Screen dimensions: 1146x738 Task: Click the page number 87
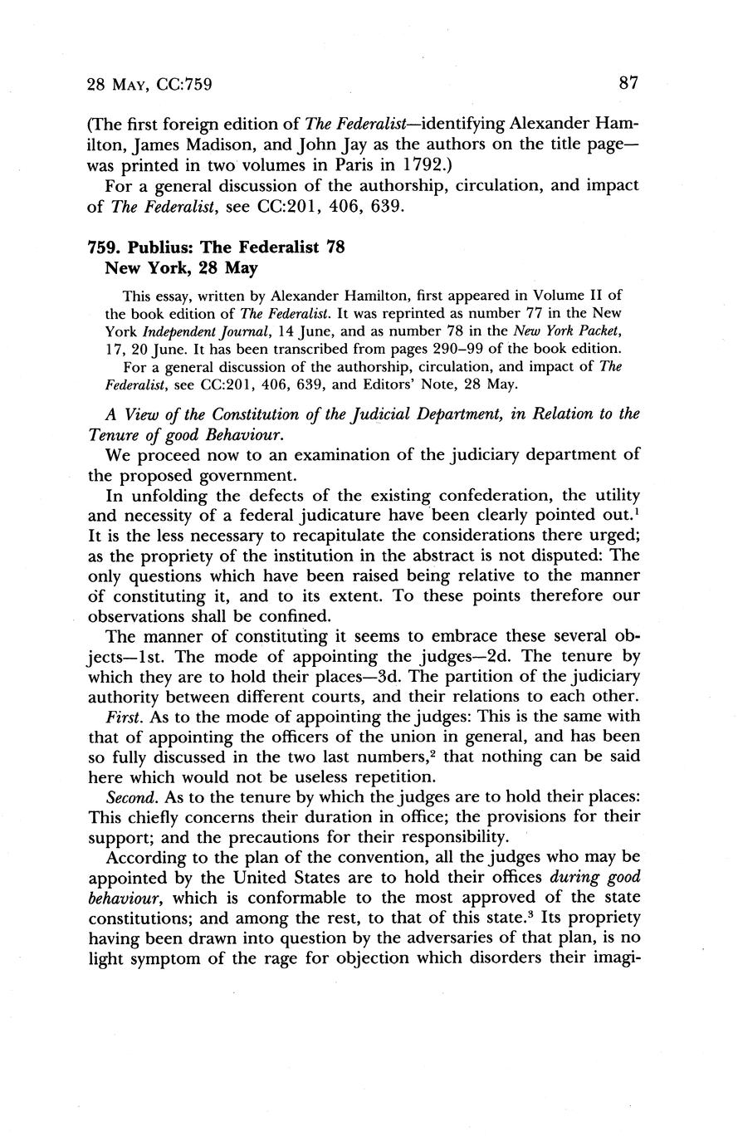(x=628, y=83)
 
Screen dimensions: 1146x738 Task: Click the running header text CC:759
(x=185, y=84)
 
